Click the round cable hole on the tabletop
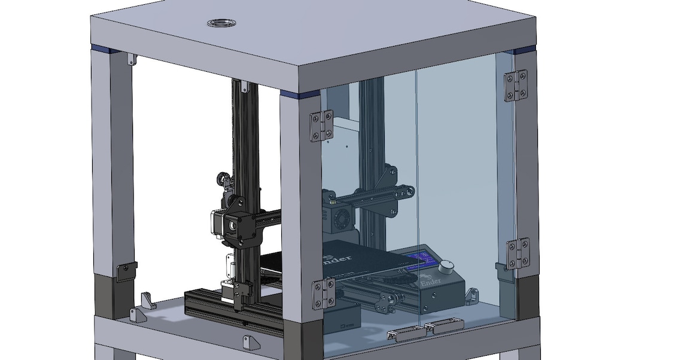(x=221, y=23)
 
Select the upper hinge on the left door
(x=321, y=126)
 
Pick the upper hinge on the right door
(x=516, y=85)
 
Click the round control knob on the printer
(x=449, y=266)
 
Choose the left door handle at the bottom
(x=406, y=332)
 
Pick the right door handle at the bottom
(x=444, y=325)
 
